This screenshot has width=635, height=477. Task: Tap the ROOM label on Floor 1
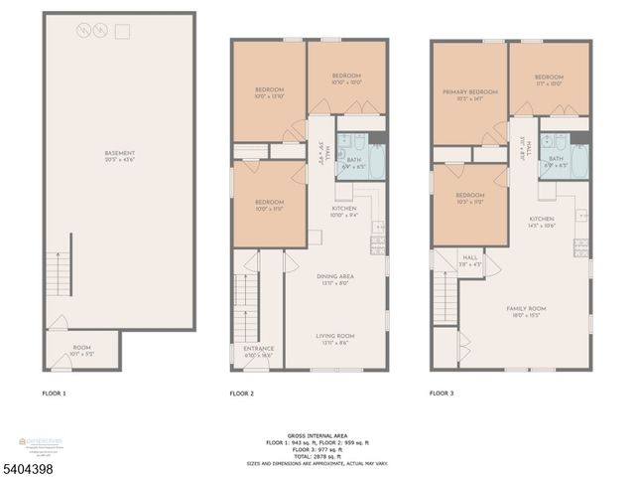81,349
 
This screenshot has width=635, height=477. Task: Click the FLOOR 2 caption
242,395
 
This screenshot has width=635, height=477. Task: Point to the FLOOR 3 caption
442,395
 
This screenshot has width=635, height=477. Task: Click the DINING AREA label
334,279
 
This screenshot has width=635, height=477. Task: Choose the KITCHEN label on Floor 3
541,220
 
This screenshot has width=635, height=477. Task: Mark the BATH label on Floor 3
556,158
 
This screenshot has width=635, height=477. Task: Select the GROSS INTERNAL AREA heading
317,434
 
